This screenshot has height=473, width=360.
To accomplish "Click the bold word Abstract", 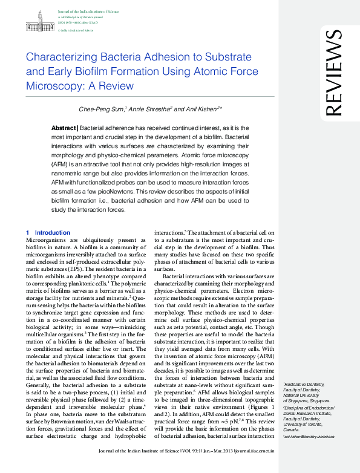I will tap(63, 128).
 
